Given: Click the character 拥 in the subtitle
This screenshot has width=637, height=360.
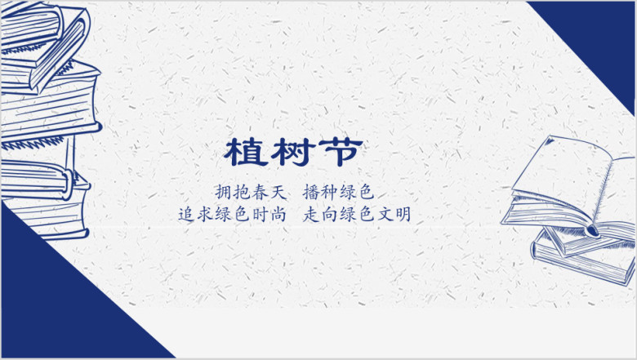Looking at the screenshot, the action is (x=224, y=192).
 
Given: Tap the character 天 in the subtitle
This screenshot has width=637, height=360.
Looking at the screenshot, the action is (x=278, y=192).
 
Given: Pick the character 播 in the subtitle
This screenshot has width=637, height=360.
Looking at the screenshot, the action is (x=311, y=192).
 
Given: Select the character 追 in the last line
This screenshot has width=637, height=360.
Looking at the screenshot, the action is (x=186, y=214).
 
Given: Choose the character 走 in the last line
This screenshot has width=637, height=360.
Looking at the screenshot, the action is (x=311, y=214).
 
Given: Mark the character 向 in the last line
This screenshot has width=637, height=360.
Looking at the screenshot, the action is (x=329, y=214).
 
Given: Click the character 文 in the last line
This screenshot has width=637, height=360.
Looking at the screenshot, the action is (x=385, y=214).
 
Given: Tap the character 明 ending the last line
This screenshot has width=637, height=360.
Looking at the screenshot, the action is (x=403, y=214).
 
